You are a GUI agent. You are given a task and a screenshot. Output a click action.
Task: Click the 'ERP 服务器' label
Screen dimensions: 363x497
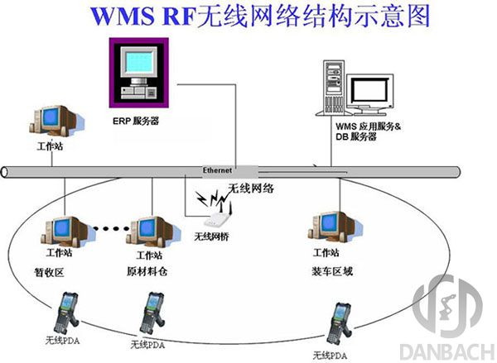(137, 121)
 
